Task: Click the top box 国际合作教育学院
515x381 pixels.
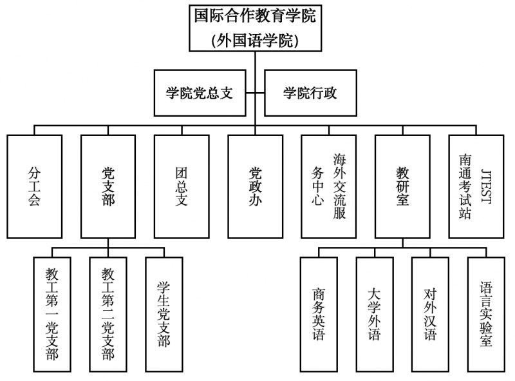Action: (x=256, y=27)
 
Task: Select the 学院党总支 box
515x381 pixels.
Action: (x=199, y=93)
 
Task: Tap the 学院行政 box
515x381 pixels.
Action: (x=310, y=93)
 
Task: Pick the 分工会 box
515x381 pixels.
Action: (x=35, y=186)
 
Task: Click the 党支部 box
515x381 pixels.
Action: (x=108, y=186)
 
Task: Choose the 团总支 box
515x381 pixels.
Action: (x=182, y=186)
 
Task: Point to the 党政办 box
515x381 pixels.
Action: (x=256, y=186)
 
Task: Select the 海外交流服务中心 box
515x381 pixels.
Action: (x=329, y=186)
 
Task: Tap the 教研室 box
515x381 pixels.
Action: (x=402, y=186)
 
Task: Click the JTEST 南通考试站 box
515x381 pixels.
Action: (x=476, y=186)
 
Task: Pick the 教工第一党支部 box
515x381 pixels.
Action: (x=53, y=314)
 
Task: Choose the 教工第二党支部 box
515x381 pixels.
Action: (x=108, y=314)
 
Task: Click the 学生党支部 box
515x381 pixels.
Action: (x=164, y=314)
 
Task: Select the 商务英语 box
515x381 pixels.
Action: (x=319, y=314)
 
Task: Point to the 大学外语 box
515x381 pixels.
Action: (x=375, y=314)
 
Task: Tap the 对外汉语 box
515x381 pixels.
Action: (x=430, y=314)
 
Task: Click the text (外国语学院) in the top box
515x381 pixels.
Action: (x=256, y=41)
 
